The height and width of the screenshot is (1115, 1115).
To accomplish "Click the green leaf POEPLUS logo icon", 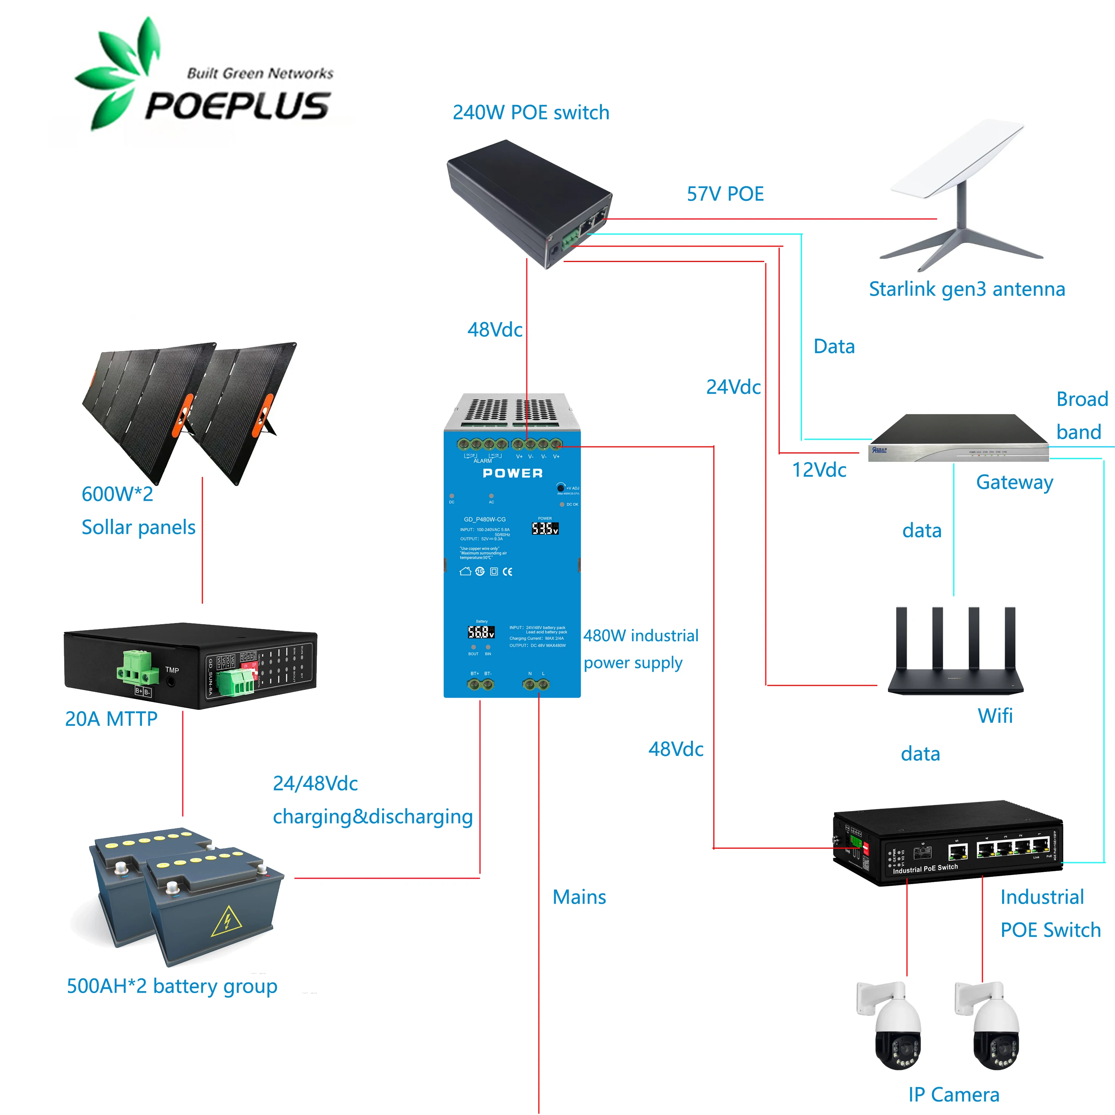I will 118,72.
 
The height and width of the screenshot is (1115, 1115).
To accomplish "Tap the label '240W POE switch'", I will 531,113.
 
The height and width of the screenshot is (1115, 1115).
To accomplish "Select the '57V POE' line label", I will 725,194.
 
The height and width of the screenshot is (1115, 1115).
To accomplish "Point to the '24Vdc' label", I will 733,387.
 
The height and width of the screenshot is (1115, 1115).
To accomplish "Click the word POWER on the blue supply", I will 512,473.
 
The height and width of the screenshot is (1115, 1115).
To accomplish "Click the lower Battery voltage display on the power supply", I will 481,632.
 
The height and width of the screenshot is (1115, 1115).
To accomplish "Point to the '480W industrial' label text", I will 641,635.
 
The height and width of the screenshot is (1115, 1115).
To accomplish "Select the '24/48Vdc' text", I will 315,783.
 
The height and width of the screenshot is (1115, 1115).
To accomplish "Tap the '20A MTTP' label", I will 111,719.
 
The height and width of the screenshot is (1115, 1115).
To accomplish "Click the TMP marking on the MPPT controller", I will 172,670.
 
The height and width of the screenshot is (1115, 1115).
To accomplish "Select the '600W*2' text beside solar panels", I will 117,494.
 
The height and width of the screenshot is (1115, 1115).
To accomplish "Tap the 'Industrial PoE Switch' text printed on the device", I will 925,868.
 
